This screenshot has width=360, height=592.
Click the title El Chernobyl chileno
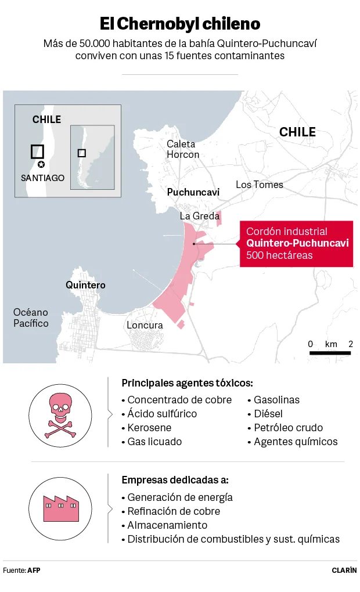pos(180,24)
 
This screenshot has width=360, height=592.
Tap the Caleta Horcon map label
pos(182,149)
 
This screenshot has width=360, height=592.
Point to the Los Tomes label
pos(260,185)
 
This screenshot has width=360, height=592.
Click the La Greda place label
pos(199,216)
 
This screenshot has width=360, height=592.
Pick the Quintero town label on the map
pos(85,285)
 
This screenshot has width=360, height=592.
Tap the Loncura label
pos(145,325)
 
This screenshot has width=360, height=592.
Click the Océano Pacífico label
pos(31,317)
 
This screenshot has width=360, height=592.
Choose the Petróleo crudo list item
pos(288,428)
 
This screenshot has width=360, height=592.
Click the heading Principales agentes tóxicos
pos(187,383)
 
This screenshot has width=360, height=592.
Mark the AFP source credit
pos(34,570)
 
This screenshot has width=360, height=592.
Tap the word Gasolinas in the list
pos(276,400)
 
